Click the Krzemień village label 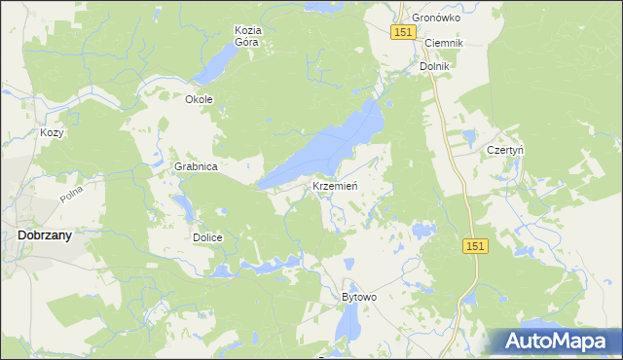click(337, 186)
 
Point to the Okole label click(199, 99)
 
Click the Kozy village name click(52, 132)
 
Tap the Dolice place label click(207, 237)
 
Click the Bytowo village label click(358, 297)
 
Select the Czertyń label click(505, 151)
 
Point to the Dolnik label click(434, 66)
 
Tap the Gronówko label click(434, 18)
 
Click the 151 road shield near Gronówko click(405, 33)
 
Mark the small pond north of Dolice click(181, 206)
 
